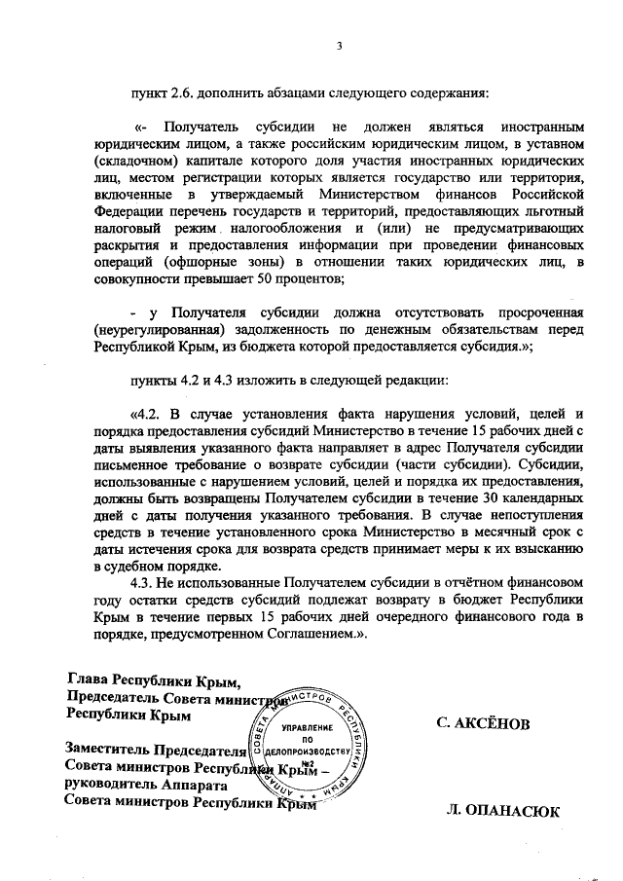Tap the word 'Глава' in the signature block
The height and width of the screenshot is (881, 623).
pos(88,679)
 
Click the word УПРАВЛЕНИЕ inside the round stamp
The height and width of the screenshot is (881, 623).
pos(306,727)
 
